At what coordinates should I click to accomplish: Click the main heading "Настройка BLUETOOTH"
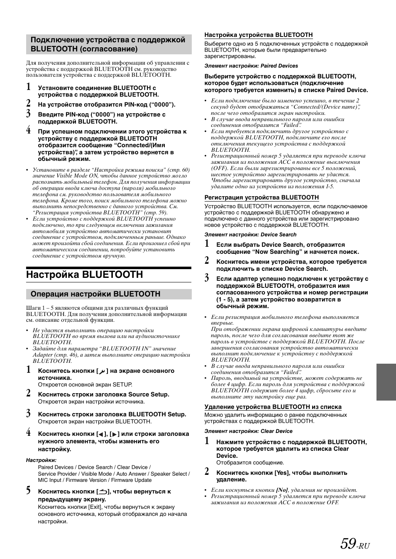[85, 275]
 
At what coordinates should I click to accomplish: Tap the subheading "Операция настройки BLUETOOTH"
[95, 294]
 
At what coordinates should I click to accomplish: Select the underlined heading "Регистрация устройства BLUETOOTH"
[262, 197]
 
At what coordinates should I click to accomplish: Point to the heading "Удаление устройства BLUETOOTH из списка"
[273, 407]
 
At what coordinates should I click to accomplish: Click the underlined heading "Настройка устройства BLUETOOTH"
[258, 35]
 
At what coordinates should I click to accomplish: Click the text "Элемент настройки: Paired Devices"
[251, 66]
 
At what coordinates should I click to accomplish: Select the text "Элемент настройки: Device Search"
[250, 234]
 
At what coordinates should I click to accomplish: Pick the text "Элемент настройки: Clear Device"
[248, 431]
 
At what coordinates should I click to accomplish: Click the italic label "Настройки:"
[41, 460]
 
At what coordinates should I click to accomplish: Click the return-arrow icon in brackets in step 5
[103, 492]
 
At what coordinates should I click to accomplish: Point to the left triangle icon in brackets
[101, 434]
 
